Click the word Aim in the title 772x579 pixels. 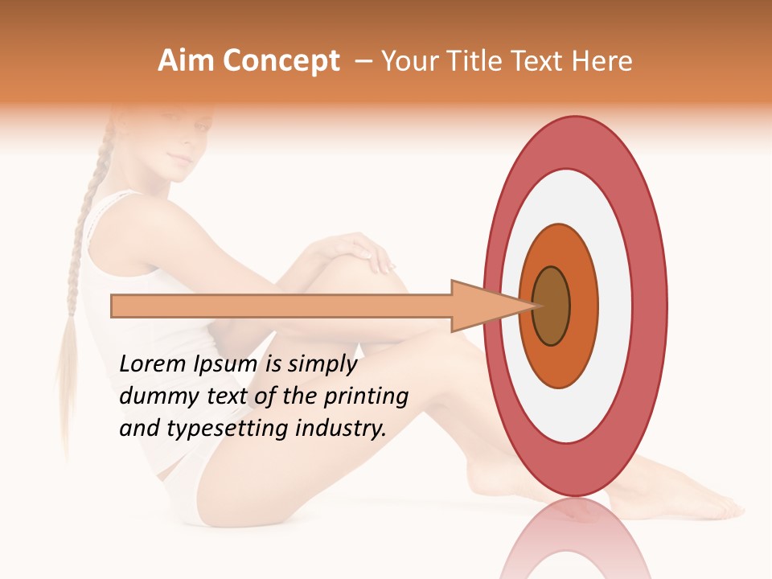[x=186, y=61]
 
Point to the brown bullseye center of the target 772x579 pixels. [x=551, y=306]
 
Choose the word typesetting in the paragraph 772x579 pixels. [x=218, y=429]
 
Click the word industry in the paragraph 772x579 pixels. [x=341, y=429]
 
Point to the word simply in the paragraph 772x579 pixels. [x=322, y=365]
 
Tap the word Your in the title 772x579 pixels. [x=407, y=61]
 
